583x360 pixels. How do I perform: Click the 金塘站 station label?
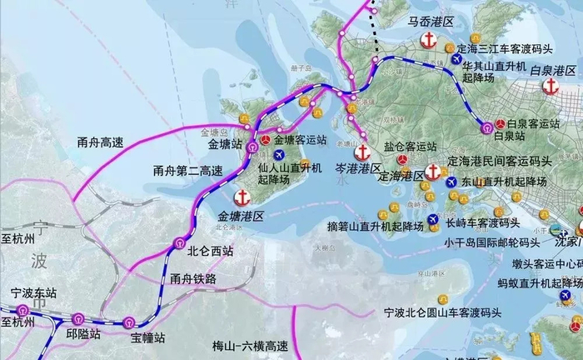tap(225, 143)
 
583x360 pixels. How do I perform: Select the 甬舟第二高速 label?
tap(188, 171)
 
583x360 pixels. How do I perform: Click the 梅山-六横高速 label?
tap(250, 345)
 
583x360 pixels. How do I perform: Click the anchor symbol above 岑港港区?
tap(362, 152)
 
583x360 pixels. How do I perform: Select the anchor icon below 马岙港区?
tap(429, 40)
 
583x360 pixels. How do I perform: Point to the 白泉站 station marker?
tap(486, 127)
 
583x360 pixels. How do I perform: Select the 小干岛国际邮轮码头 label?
tap(494, 244)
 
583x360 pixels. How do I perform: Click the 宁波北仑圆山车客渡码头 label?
tap(442, 312)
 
